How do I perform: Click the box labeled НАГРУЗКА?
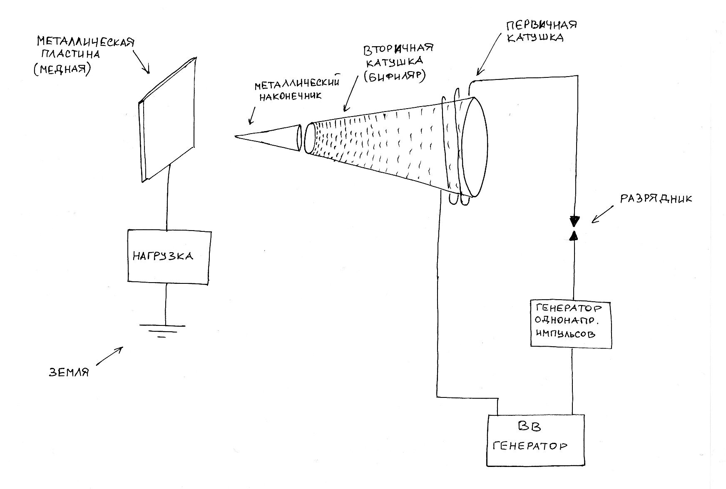point(168,256)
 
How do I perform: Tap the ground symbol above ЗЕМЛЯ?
point(162,331)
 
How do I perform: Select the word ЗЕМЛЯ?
point(69,372)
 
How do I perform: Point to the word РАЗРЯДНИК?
point(656,199)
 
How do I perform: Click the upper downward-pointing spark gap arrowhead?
point(574,220)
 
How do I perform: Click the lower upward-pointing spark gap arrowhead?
point(574,236)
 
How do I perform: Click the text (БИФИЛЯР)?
point(395,76)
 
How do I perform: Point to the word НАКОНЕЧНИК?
point(290,96)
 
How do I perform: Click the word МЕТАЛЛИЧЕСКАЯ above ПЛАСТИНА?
point(86,42)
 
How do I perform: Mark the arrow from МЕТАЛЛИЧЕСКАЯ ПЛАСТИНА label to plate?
point(142,62)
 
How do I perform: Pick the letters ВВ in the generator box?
point(530,427)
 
